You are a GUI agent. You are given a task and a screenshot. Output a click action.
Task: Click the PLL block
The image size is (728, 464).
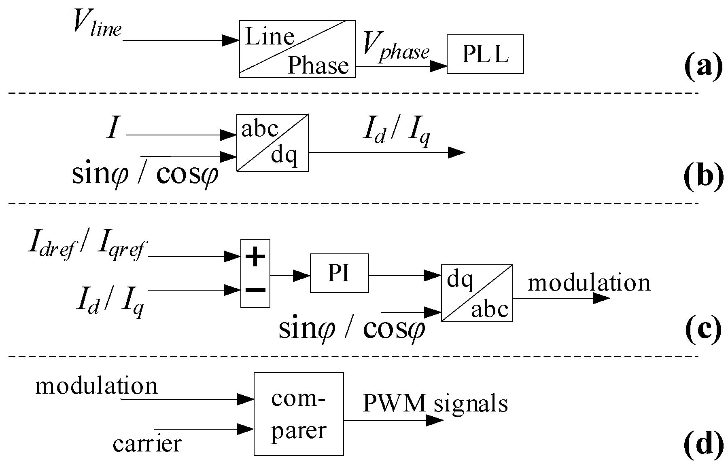tap(485, 54)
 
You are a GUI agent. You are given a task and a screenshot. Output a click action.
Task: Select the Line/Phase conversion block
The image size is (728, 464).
tap(297, 49)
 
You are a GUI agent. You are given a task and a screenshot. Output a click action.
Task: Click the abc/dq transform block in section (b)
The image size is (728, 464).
tap(272, 143)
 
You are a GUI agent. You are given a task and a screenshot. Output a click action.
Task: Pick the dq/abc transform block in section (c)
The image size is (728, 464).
tap(477, 293)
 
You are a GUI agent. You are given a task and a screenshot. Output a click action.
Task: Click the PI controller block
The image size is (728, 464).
tap(339, 273)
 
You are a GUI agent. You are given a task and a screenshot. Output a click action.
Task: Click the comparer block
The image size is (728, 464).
tap(299, 414)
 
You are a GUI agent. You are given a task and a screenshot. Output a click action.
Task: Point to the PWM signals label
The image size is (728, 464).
tap(435, 403)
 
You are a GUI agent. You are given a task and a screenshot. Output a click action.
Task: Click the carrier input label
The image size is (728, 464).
tap(147, 444)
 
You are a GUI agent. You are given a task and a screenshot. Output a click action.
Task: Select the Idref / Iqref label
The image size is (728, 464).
tap(87, 247)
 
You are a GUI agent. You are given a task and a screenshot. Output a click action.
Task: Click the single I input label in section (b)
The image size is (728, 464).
tap(113, 129)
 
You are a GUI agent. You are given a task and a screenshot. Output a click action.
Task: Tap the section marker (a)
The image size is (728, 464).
tap(703, 65)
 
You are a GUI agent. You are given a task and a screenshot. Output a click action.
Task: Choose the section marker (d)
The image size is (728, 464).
tap(703, 444)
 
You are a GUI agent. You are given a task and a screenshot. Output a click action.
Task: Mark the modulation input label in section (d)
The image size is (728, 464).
tap(96, 386)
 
